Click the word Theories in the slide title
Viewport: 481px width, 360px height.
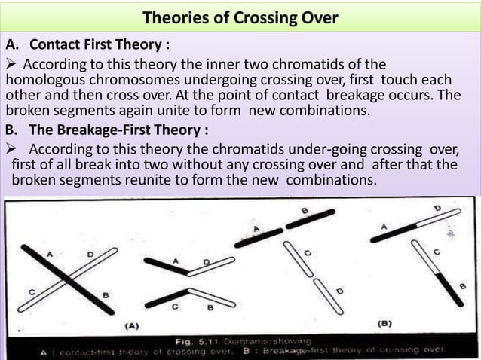[173, 18]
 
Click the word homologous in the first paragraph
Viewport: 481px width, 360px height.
[44, 80]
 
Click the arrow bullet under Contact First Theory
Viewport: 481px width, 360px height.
[14, 63]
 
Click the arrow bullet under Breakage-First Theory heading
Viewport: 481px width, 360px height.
[14, 148]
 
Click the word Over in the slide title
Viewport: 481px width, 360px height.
[318, 18]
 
